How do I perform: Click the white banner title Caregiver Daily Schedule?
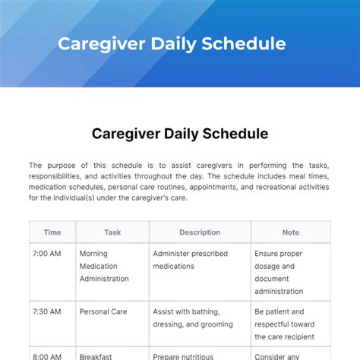point(172,43)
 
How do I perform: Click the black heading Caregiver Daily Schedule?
point(180,134)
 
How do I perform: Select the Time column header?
point(52,232)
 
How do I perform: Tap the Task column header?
point(112,232)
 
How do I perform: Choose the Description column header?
point(200,232)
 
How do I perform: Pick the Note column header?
point(290,232)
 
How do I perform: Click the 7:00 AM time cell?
point(47,254)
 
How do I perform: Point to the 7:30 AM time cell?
point(47,311)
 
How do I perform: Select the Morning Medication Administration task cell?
point(104,266)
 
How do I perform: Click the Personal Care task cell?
point(103,311)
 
